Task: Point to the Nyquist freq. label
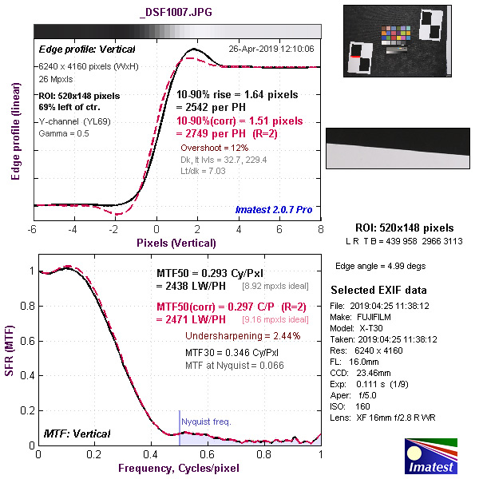click(206, 421)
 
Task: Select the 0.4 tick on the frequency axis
click(152, 454)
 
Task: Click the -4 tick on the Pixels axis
click(73, 231)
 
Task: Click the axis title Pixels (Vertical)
click(176, 242)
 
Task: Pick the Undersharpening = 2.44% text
click(243, 335)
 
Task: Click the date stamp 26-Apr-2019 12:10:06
click(271, 49)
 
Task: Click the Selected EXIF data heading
click(379, 290)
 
